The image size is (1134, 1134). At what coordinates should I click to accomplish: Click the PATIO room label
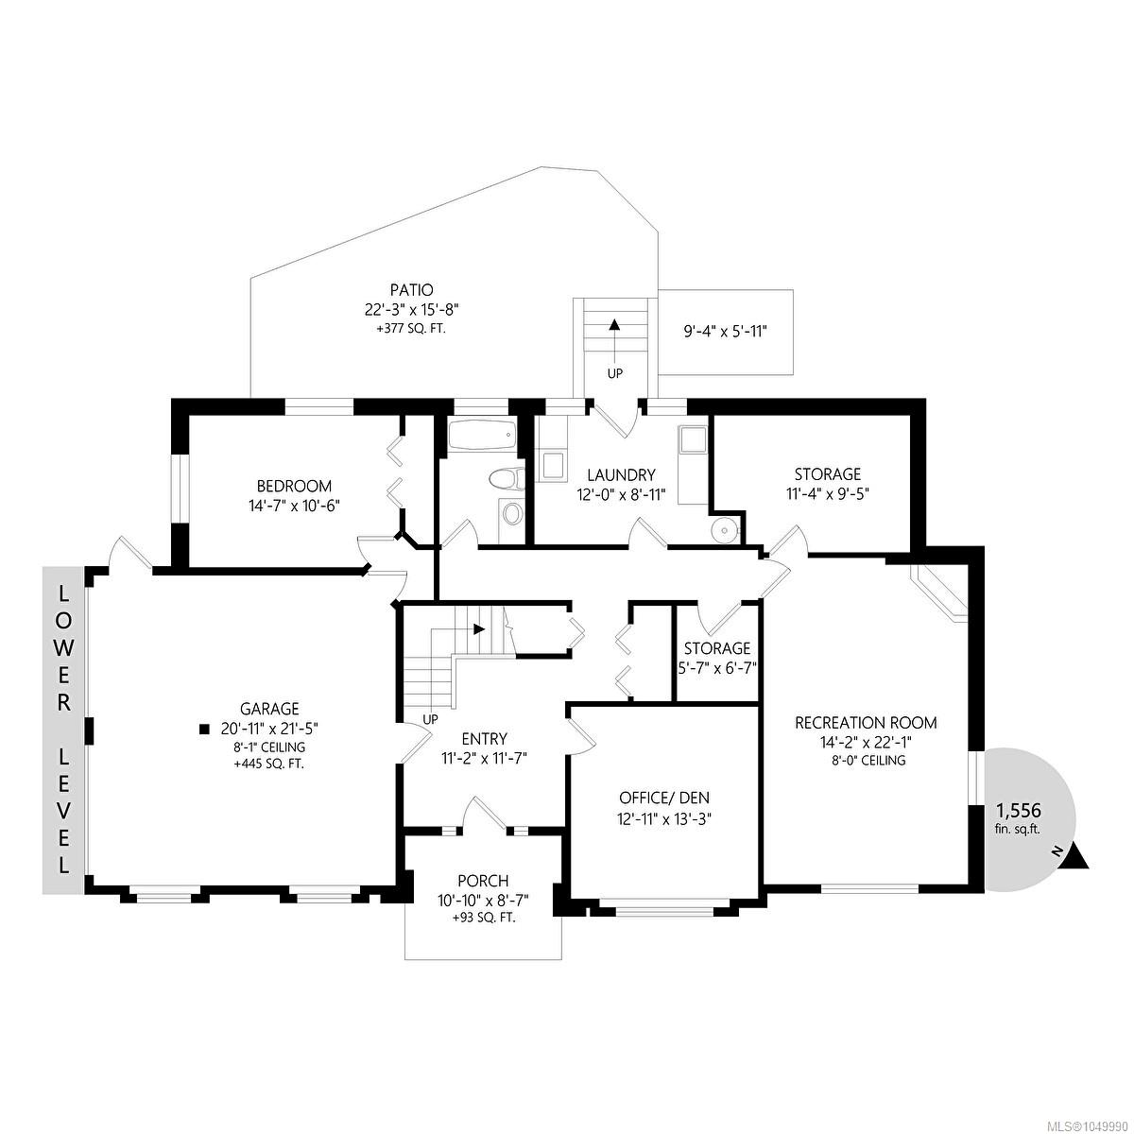411,289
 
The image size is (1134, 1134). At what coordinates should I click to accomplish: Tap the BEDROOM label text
294,486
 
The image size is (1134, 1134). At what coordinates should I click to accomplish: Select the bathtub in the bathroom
482,435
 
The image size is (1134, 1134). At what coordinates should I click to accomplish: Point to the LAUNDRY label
622,474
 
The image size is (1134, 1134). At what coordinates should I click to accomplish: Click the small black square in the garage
204,730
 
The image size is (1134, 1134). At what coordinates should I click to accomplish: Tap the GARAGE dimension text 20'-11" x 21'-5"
269,729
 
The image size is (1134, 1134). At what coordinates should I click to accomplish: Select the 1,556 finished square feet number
1018,811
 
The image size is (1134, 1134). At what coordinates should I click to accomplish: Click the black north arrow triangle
1075,857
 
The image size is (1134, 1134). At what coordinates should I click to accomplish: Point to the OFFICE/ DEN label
664,798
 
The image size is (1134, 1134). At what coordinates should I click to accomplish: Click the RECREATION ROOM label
866,723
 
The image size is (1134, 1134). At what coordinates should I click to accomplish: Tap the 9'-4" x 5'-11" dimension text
725,332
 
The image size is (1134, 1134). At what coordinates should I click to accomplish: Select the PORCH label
483,881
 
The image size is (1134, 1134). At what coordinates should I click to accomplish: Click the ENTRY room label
485,739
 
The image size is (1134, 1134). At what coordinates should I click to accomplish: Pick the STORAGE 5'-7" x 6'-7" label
716,658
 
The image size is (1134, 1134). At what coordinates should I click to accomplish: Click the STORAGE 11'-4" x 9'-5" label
828,483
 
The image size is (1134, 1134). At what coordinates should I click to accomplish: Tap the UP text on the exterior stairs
614,373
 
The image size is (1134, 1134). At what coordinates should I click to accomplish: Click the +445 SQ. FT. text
269,765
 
